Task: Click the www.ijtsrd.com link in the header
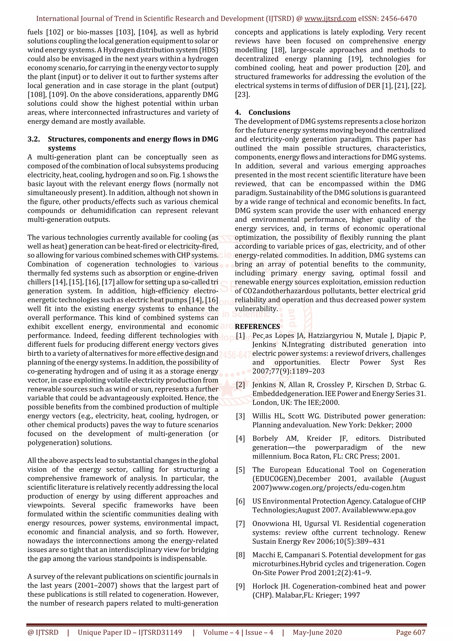click(x=330, y=19)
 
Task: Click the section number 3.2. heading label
click(x=34, y=139)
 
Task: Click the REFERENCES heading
click(x=257, y=327)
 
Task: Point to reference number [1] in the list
click(x=240, y=336)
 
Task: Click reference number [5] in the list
click(x=240, y=470)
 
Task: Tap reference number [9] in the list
click(x=240, y=586)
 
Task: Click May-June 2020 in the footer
click(x=317, y=632)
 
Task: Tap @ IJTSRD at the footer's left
click(x=43, y=632)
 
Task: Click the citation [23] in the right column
click(x=242, y=95)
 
